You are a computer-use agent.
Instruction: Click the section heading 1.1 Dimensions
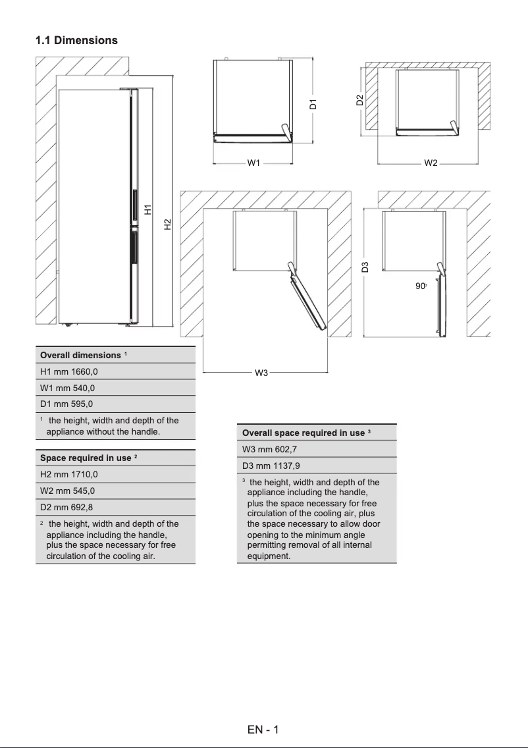76,40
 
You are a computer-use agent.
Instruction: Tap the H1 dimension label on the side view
148,210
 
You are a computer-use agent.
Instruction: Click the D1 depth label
314,103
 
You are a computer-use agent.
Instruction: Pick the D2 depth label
359,100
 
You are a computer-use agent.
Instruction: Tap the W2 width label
431,163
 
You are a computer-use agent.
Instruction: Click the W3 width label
261,373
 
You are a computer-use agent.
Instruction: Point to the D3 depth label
365,267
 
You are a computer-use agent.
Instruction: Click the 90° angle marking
421,286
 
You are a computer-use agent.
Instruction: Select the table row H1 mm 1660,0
115,371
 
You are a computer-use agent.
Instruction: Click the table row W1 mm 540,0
115,388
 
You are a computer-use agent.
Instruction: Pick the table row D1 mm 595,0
115,404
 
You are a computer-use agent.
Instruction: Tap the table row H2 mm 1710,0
115,474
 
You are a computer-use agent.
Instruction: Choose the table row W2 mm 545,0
115,491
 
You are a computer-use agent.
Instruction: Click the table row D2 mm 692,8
115,507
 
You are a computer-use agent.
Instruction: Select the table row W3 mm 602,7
316,449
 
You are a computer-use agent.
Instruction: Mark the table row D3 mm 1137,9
316,466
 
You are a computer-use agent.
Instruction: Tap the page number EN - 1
263,730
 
